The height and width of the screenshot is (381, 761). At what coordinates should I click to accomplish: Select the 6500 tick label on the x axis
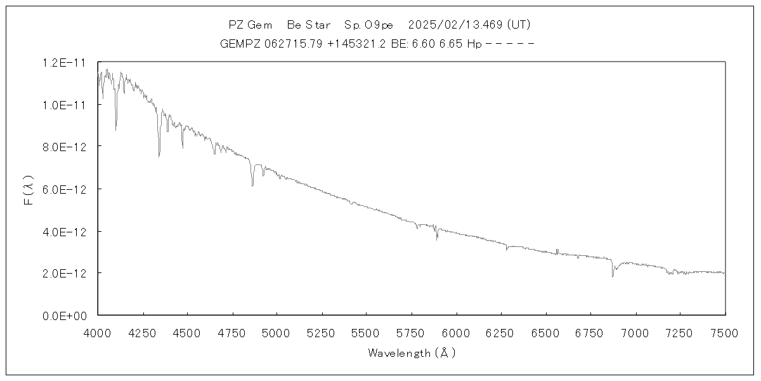point(546,332)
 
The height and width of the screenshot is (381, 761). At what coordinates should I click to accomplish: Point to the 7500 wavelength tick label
point(725,332)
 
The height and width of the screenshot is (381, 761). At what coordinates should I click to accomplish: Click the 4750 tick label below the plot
point(233,332)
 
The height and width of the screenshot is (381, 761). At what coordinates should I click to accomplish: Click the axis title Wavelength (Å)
point(412,353)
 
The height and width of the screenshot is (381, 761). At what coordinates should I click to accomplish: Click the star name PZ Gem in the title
point(250,25)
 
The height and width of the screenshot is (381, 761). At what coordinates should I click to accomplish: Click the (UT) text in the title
point(517,25)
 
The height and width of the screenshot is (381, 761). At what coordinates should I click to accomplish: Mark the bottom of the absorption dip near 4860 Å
point(252,185)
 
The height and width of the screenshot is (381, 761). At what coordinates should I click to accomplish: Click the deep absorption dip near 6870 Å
point(613,276)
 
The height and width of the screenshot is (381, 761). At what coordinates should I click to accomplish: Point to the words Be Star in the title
point(309,25)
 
